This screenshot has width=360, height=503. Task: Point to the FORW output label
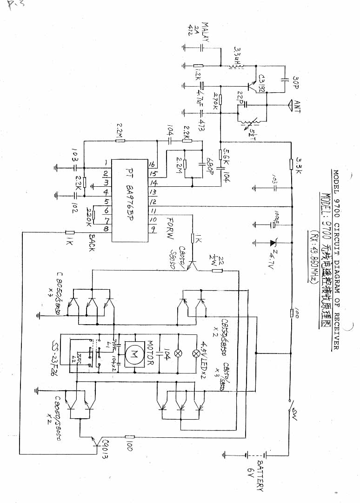pyautogui.click(x=169, y=228)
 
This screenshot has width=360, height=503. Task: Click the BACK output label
pyautogui.click(x=91, y=241)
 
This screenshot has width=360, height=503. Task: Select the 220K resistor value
pyautogui.click(x=87, y=215)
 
